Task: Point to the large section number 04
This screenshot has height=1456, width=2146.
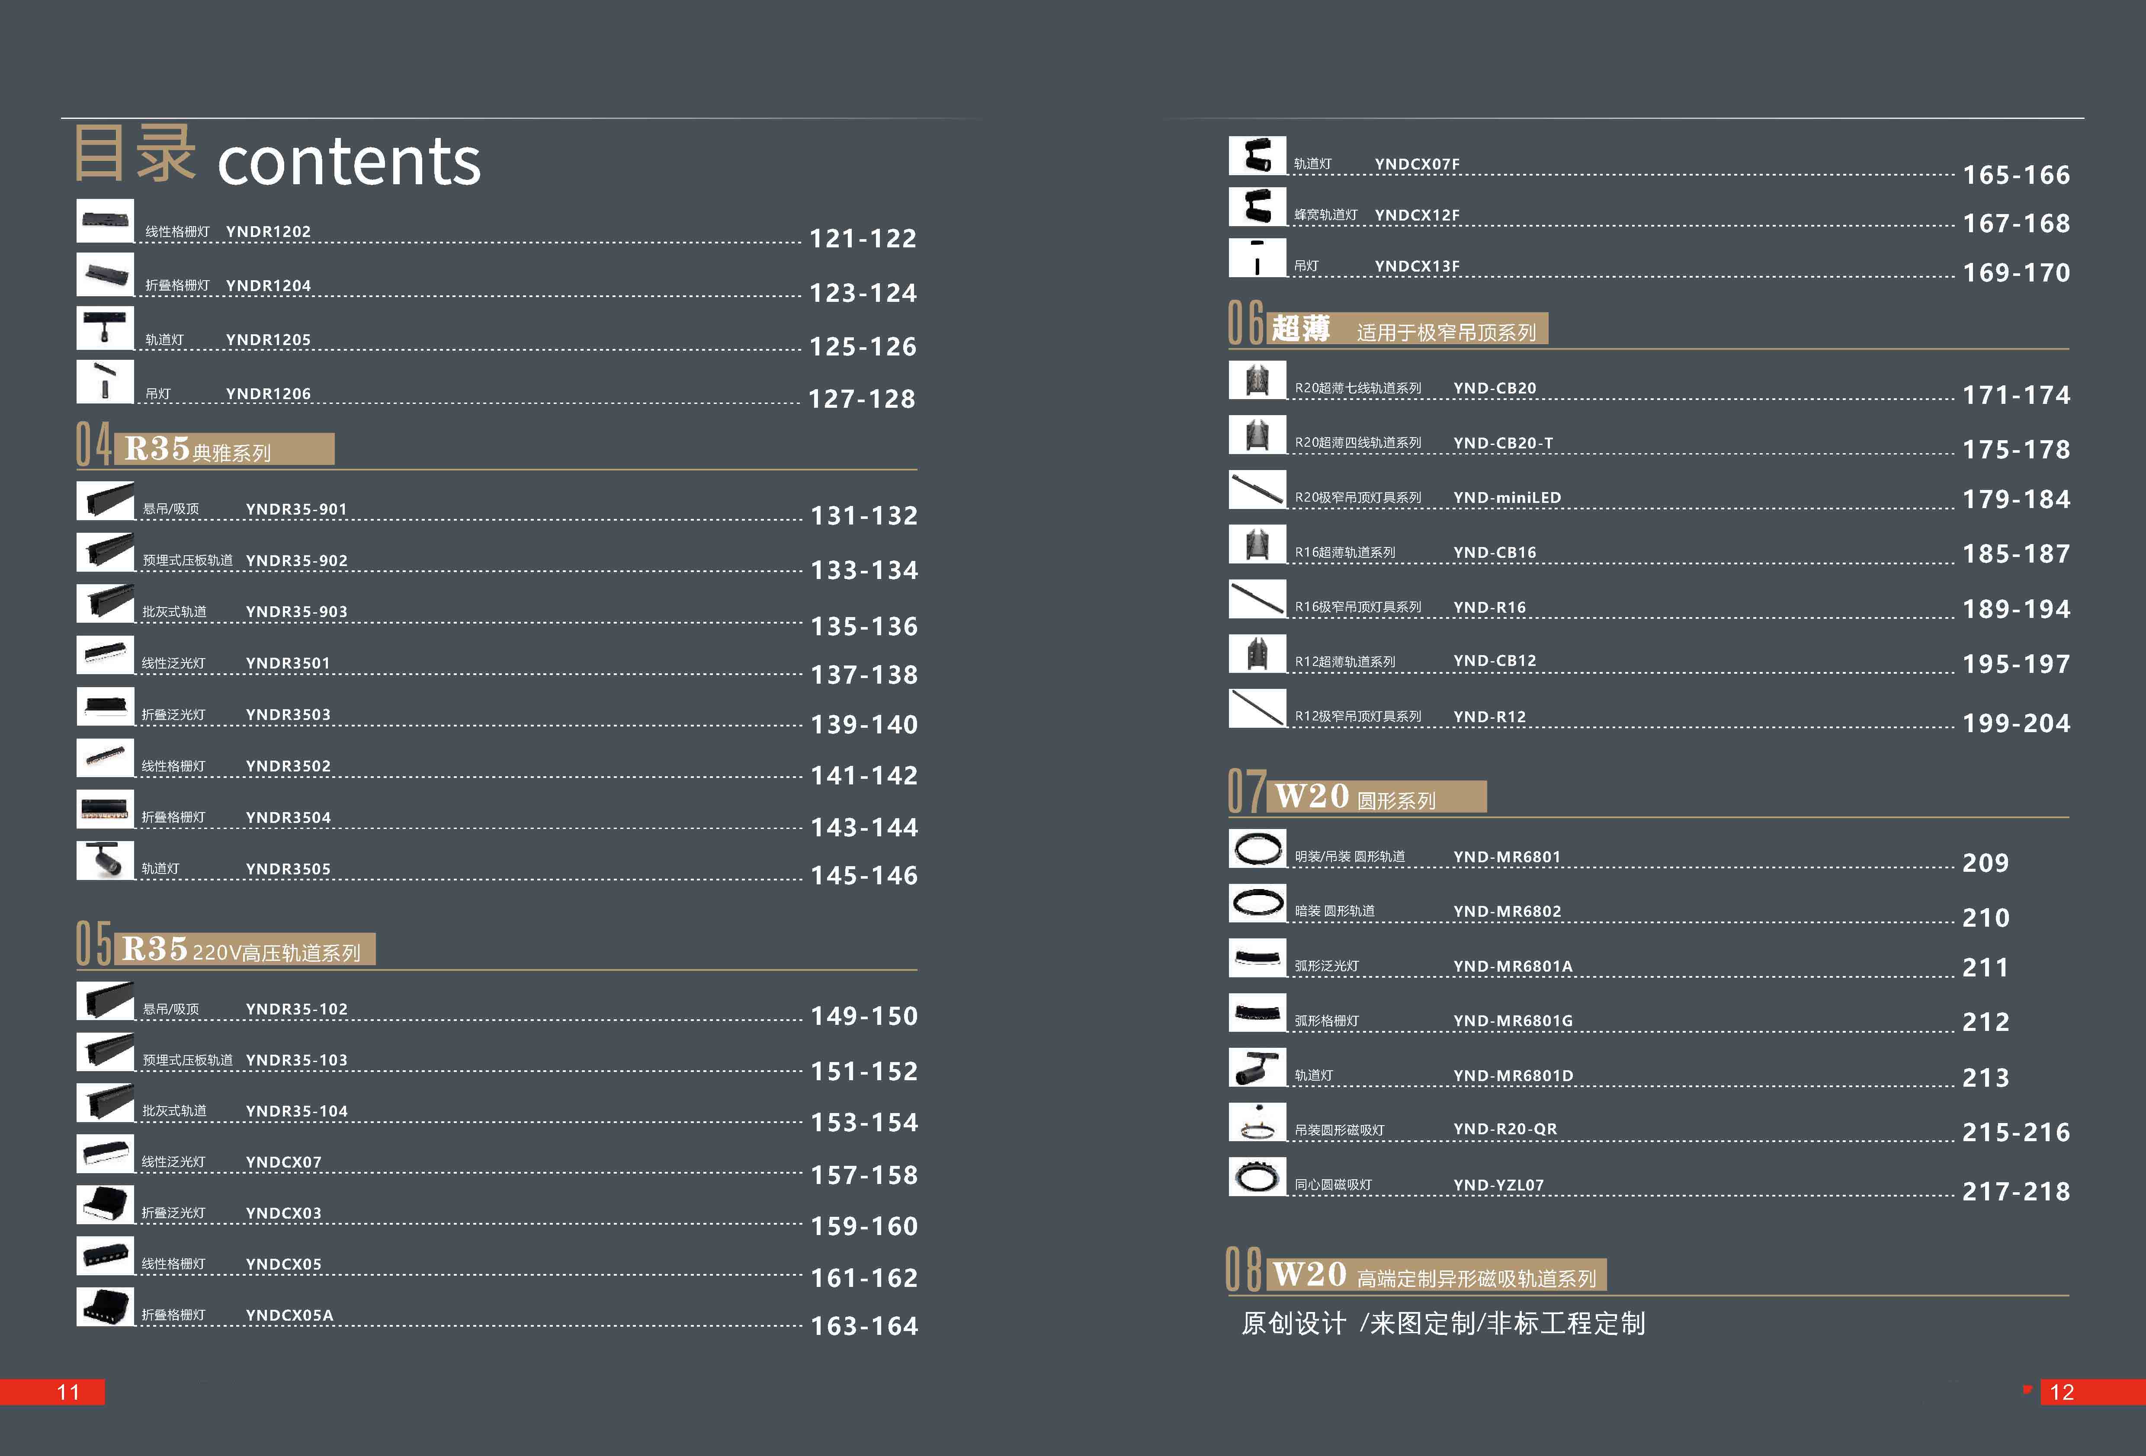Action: click(93, 445)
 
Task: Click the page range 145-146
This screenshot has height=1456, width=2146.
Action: click(863, 875)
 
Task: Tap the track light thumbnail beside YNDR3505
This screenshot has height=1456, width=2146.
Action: click(104, 861)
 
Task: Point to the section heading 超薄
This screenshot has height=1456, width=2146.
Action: click(1300, 329)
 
